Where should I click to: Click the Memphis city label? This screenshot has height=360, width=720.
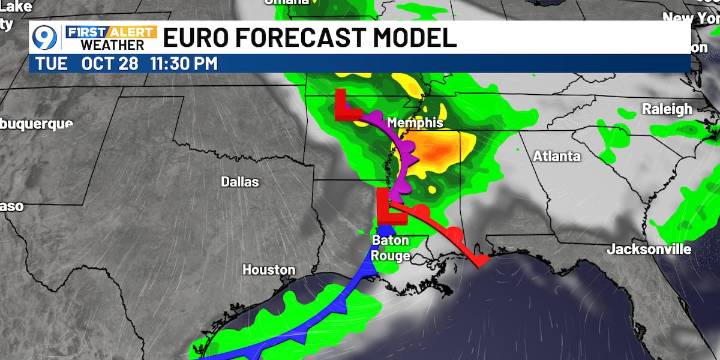pos(414,122)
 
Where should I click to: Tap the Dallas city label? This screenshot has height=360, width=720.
pos(240,182)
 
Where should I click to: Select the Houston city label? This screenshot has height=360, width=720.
pos(269,270)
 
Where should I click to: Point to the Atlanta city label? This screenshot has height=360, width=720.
pos(557,156)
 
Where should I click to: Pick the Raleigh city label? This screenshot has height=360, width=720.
pos(667,109)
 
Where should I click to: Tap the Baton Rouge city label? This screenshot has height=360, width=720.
pos(391,247)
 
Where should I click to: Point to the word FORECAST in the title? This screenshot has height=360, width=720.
pos(301,39)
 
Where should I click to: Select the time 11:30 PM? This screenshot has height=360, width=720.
pos(183,63)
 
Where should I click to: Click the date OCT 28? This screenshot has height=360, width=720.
pos(111,63)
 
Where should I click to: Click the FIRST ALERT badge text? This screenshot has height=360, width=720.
pos(110,31)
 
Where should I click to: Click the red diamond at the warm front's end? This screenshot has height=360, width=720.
pos(481,261)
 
